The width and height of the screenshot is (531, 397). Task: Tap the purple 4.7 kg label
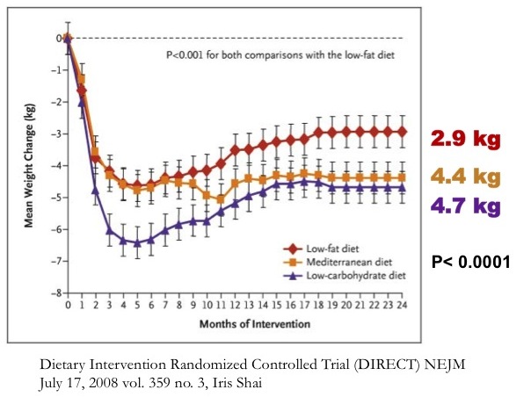coord(463,207)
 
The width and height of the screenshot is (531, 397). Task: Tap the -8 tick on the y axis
coord(57,292)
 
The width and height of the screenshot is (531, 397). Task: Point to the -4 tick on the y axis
coord(57,165)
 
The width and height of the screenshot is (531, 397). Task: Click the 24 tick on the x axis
coord(403,306)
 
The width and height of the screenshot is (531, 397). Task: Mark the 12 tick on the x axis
coord(235,306)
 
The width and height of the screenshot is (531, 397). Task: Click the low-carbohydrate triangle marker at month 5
coord(137,243)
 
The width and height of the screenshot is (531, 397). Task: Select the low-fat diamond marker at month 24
coord(403,131)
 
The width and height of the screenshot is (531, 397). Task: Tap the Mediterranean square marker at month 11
coord(221,199)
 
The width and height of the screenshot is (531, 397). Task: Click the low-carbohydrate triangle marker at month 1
coord(82,102)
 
